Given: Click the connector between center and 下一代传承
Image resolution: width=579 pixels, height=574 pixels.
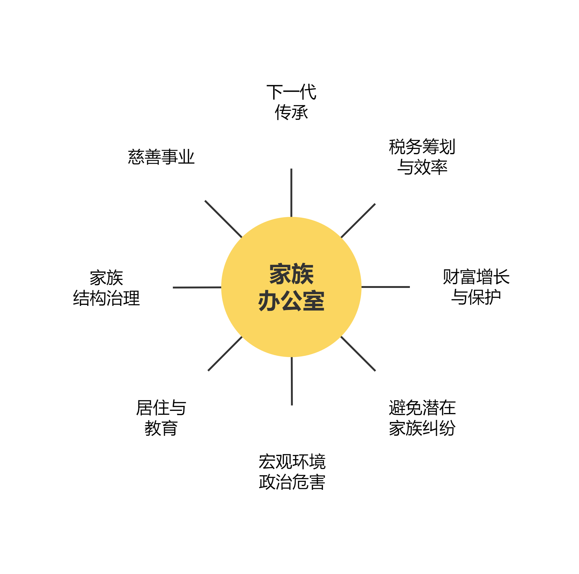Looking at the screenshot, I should (x=292, y=193).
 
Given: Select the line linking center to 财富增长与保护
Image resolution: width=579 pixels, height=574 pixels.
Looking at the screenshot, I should (x=386, y=287).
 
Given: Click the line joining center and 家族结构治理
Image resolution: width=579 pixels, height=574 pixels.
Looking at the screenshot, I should (x=197, y=288).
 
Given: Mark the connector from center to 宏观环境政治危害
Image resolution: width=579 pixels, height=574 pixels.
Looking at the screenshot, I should (x=292, y=381).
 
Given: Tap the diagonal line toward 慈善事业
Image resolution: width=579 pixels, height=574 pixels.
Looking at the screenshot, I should (x=223, y=219).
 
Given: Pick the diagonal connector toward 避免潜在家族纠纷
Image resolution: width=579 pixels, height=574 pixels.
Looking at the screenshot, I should (x=358, y=354).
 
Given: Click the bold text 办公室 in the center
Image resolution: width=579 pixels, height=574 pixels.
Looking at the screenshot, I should (x=291, y=301).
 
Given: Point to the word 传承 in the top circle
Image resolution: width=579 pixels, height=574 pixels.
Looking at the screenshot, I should (x=291, y=112).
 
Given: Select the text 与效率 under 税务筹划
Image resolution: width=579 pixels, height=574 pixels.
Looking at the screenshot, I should (x=422, y=167).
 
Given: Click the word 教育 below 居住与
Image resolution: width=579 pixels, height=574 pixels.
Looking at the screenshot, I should (x=161, y=428).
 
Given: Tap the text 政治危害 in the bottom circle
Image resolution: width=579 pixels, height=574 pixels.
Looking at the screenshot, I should (x=292, y=482).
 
